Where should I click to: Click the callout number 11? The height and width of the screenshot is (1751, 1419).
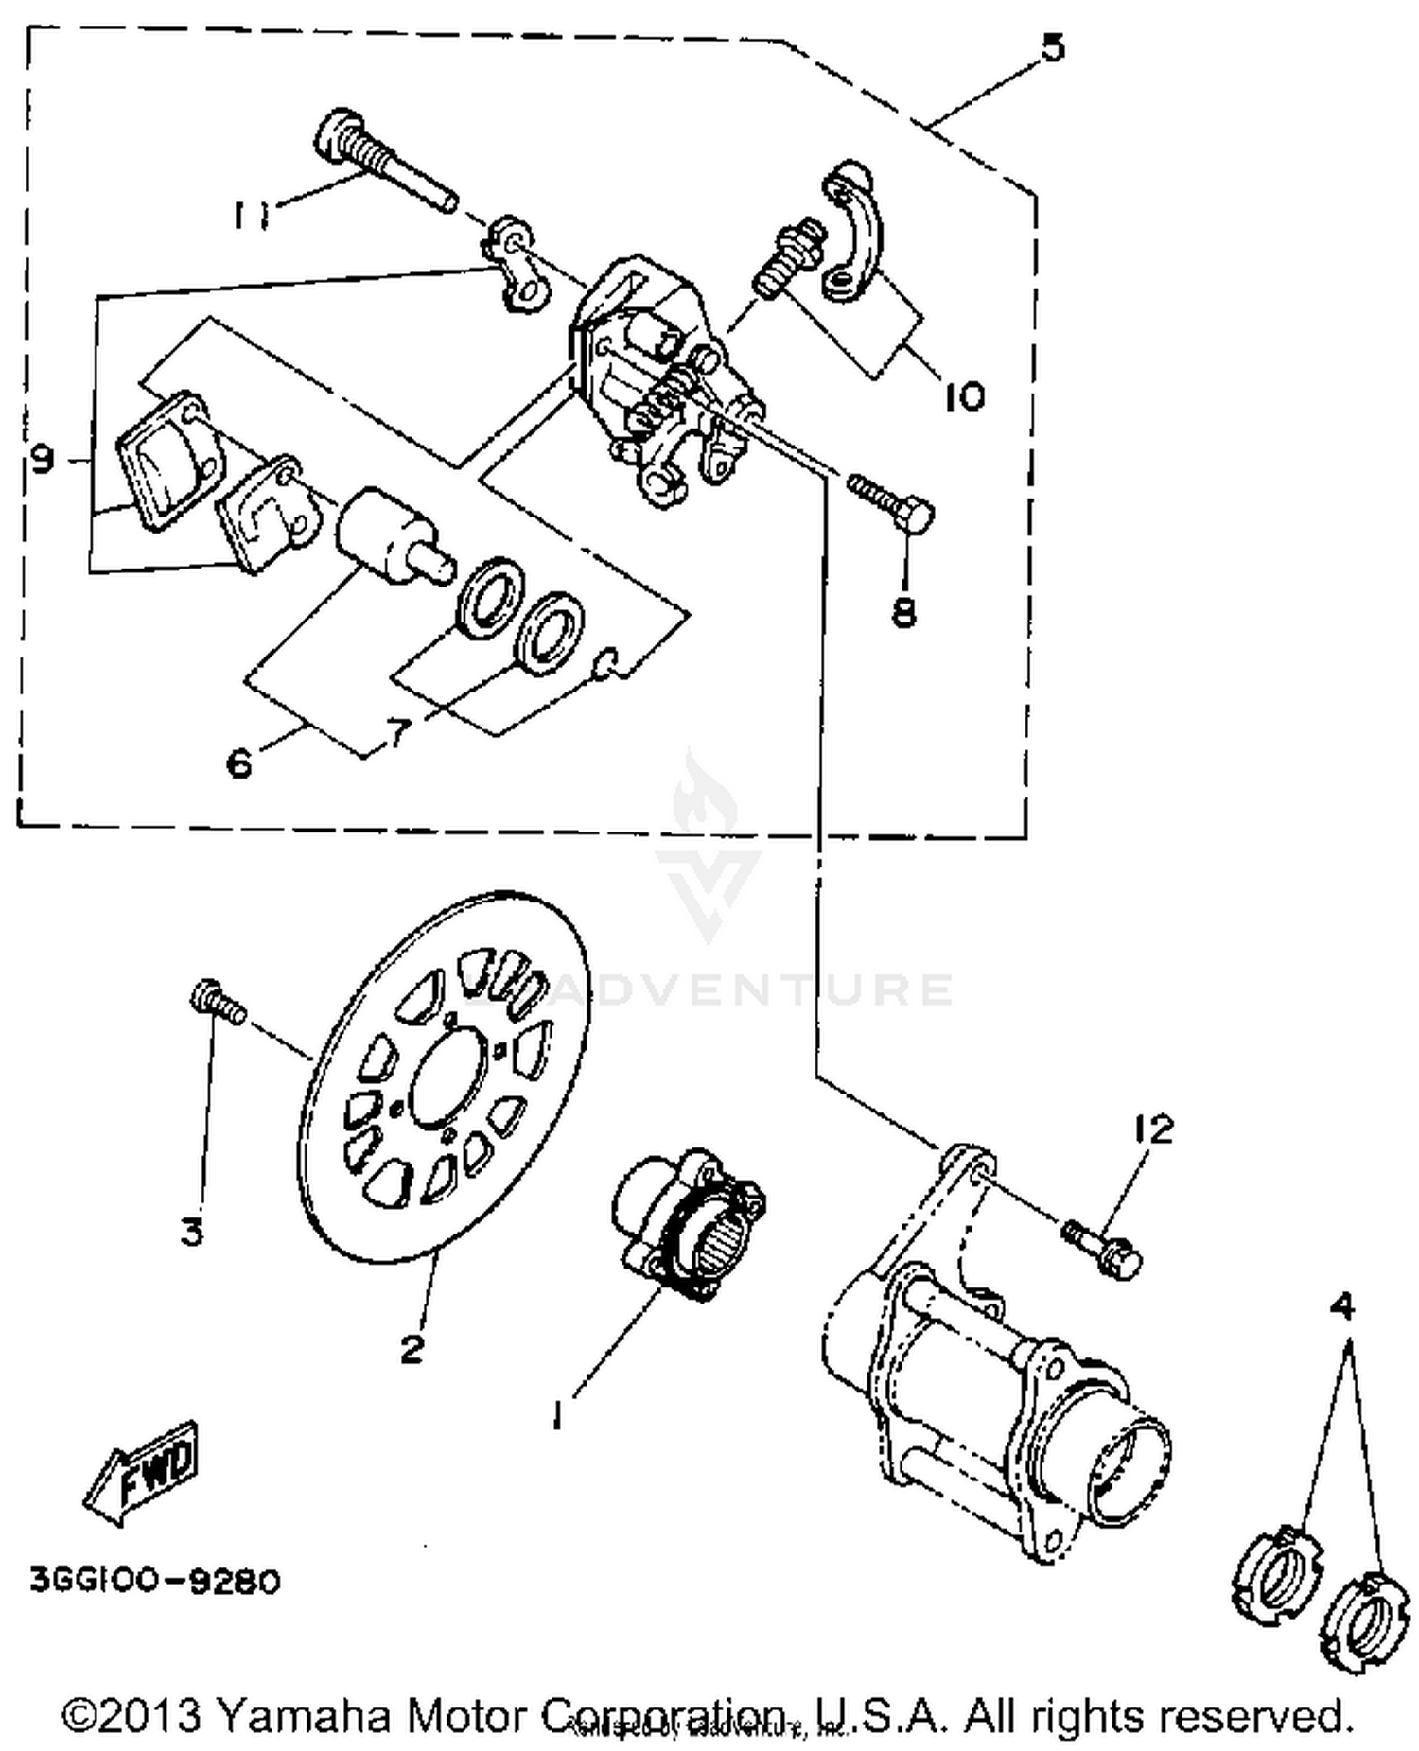pos(251,215)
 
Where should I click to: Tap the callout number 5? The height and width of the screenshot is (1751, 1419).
pos(1052,46)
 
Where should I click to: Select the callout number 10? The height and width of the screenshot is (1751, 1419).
pos(963,395)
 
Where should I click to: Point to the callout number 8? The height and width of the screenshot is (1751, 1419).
pos(903,613)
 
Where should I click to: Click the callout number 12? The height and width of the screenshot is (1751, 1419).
pos(1153,1129)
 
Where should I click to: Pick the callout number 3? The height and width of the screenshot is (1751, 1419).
pos(191,1232)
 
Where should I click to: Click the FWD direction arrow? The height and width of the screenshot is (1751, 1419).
pos(143,1469)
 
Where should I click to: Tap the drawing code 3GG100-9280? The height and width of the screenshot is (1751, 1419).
pos(155,1581)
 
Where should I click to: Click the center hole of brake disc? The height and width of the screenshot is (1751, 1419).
pos(450,1081)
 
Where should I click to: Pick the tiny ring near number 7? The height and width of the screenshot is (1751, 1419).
pos(605,664)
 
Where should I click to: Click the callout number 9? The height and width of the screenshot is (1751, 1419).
pos(43,461)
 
